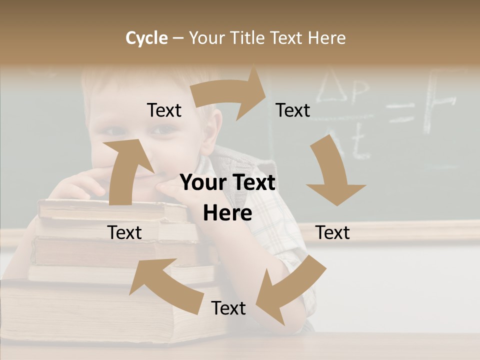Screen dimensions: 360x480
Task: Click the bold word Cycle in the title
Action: tap(146, 38)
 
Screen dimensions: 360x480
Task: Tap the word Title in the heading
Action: tap(248, 38)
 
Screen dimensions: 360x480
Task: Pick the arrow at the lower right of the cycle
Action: tap(290, 290)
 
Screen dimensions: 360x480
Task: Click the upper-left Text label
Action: tap(164, 110)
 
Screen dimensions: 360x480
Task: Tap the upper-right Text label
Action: tap(293, 110)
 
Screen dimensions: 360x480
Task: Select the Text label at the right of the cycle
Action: tap(332, 232)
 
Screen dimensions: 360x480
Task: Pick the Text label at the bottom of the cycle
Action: tap(228, 308)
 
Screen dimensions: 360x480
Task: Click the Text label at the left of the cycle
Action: tap(124, 232)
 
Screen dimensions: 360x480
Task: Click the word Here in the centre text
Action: tap(227, 213)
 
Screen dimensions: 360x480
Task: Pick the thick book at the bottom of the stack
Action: tap(100, 310)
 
